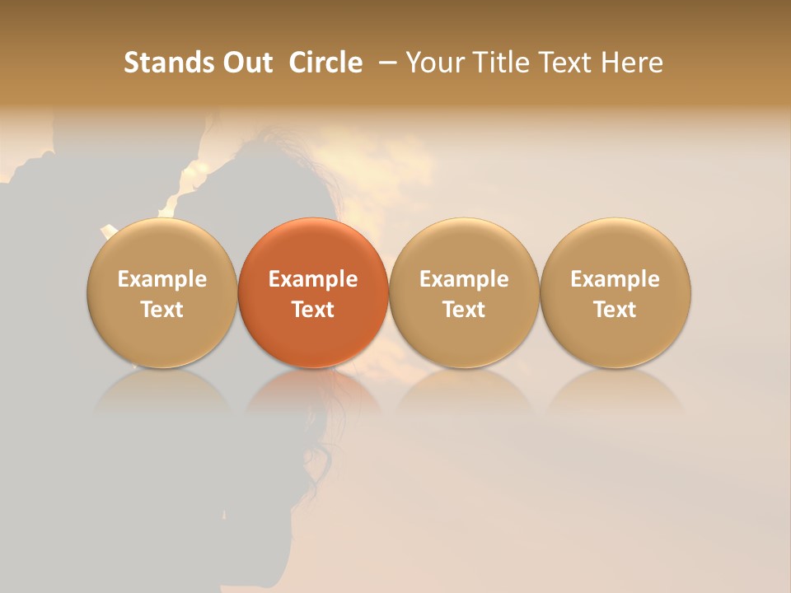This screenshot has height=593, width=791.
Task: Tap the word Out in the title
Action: coord(246,63)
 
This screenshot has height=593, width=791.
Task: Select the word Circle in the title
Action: coord(326,63)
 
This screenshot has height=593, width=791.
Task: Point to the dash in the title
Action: coord(386,63)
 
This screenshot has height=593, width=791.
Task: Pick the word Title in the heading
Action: coord(503,63)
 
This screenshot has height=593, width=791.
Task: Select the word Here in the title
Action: coord(633,63)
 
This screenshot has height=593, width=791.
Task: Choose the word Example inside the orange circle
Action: coord(313,279)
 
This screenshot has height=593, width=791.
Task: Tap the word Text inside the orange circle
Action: coord(313,310)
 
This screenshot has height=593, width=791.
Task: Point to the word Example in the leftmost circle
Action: coord(162,279)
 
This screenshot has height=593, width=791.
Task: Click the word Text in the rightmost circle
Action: coord(615,310)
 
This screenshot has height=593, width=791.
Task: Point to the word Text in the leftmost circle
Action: coord(162,310)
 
